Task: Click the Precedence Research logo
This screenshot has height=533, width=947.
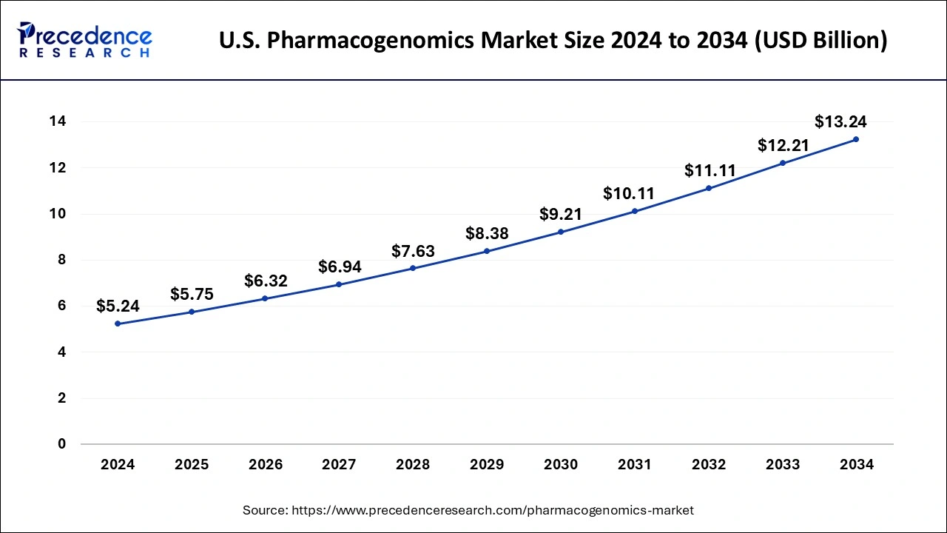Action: coord(86,40)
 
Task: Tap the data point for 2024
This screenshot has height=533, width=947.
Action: coord(118,324)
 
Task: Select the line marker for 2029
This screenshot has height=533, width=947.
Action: coord(487,251)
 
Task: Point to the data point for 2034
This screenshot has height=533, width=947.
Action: coord(856,139)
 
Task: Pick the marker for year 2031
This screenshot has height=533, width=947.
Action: coord(635,211)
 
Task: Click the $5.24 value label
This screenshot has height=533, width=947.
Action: coord(118,306)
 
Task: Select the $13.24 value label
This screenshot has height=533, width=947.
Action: coord(840,121)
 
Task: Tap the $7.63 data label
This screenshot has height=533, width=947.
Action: coord(413,251)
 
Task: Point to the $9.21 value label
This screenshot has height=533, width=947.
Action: coord(561,215)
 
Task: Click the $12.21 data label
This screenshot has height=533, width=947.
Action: coord(783,145)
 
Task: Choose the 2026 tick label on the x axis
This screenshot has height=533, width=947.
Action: coord(266,465)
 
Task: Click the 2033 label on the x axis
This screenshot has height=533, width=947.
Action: coord(783,465)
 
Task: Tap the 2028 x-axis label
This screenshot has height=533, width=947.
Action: coord(413,465)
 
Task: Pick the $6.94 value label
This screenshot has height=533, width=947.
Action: coord(340,266)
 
